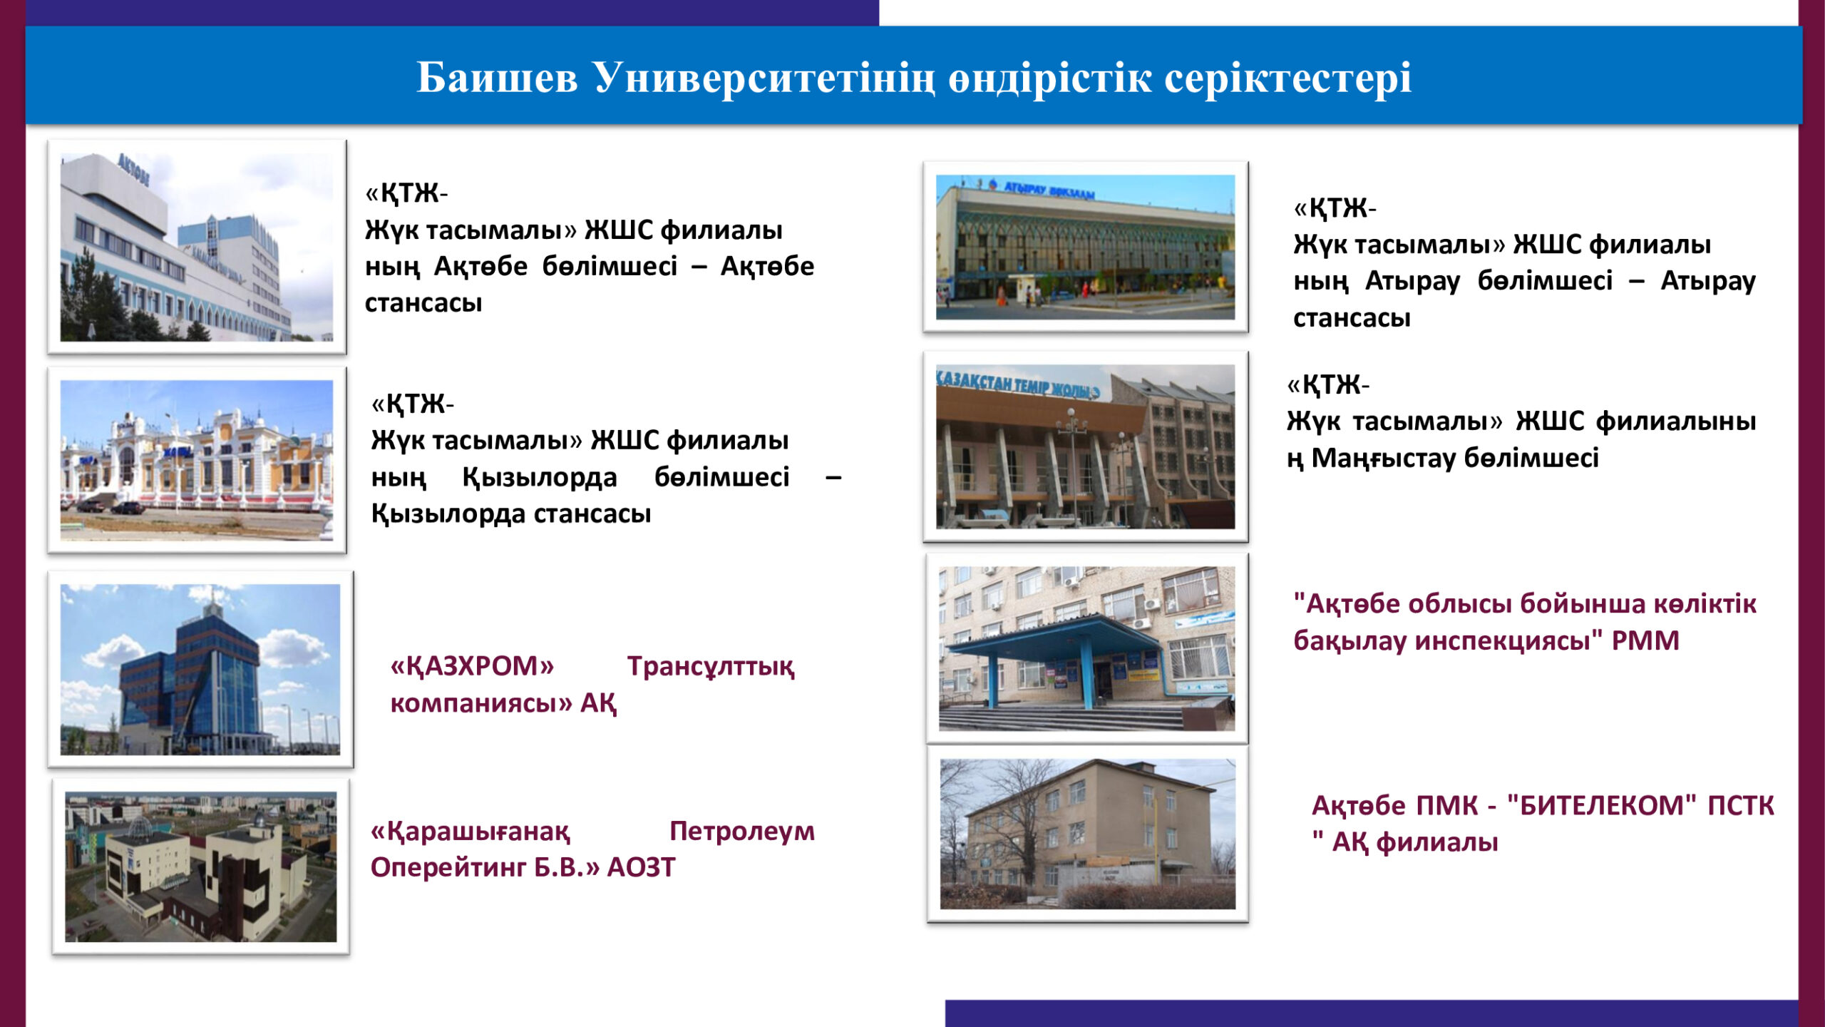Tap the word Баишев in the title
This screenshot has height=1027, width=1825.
[x=497, y=77]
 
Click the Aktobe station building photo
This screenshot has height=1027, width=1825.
[x=197, y=247]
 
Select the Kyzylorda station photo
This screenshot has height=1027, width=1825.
[x=197, y=460]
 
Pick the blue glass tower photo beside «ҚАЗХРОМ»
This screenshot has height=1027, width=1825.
[x=200, y=669]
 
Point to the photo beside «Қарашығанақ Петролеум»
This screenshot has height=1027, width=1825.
[x=200, y=867]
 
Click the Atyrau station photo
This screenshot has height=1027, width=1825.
[x=1085, y=247]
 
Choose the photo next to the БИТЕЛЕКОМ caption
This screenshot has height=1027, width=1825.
[x=1087, y=834]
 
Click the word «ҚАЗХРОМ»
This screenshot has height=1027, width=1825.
[x=472, y=666]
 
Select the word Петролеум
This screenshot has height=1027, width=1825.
[x=741, y=832]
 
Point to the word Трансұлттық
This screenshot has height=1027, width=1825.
[x=711, y=667]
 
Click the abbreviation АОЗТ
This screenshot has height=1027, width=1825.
[x=641, y=867]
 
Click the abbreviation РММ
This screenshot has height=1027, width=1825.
[x=1645, y=640]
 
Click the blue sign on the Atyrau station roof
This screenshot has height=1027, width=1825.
[x=1049, y=189]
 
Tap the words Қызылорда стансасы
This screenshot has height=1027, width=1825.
[x=511, y=513]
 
